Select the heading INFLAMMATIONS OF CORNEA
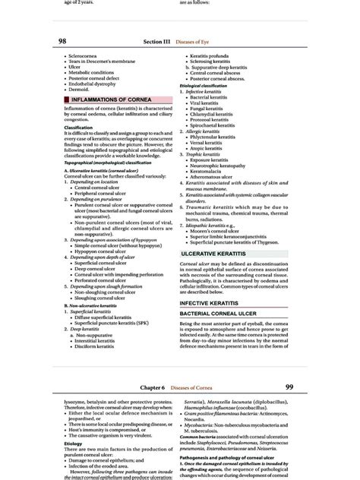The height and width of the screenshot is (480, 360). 113,99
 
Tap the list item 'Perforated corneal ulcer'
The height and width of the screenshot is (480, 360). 99,279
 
